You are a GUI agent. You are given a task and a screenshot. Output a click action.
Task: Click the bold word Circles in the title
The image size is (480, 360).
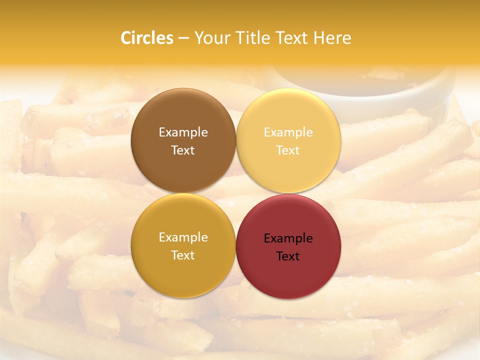(x=146, y=38)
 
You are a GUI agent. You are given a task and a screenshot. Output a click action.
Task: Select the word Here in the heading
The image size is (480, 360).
(x=332, y=38)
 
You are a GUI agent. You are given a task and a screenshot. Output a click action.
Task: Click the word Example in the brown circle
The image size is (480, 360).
(x=183, y=132)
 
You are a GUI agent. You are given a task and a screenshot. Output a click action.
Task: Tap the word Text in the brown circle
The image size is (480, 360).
(x=183, y=150)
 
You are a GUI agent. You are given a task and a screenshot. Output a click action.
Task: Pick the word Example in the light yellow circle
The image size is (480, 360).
(x=288, y=132)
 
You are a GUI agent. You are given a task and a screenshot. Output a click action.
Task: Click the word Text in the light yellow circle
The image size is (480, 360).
(x=288, y=150)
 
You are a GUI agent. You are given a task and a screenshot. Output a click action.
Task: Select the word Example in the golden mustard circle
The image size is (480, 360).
(x=183, y=237)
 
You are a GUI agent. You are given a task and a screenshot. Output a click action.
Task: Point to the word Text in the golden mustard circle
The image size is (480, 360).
(x=183, y=255)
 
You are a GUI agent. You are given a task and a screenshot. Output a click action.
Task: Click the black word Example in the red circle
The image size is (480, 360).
(x=288, y=238)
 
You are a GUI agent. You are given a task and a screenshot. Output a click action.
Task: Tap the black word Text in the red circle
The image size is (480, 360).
(x=288, y=256)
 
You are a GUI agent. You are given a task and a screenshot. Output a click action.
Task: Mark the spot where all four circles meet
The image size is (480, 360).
(x=236, y=193)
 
